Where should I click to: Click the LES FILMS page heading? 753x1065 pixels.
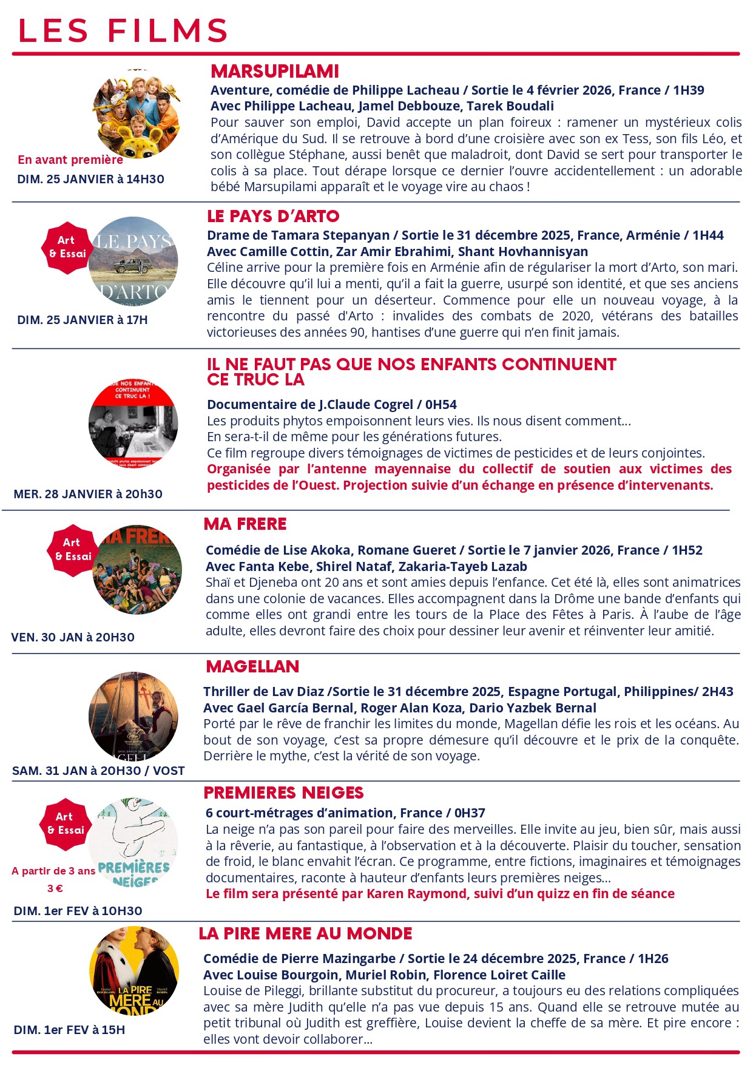pos(123,31)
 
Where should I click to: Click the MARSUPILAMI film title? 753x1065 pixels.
pos(275,72)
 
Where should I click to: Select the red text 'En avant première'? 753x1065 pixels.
pos(70,160)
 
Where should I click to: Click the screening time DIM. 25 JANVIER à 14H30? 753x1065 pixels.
pos(91,179)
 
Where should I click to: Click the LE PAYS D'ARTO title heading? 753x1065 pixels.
pos(273,217)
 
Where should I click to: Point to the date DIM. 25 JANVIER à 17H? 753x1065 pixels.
pos(83,320)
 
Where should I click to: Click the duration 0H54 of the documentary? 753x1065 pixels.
pos(441,405)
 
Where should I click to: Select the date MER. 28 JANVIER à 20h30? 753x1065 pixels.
pos(88,494)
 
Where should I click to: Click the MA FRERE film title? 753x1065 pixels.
pos(245,524)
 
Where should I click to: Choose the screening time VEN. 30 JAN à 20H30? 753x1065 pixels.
pos(73,637)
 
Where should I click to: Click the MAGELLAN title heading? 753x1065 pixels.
pos(252,667)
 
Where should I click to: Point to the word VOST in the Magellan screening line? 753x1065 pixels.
pos(169,771)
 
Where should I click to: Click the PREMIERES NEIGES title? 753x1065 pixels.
pos(283,793)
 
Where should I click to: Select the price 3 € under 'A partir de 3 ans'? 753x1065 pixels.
pos(55,888)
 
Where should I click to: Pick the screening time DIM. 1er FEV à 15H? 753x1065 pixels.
pos(69,1030)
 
